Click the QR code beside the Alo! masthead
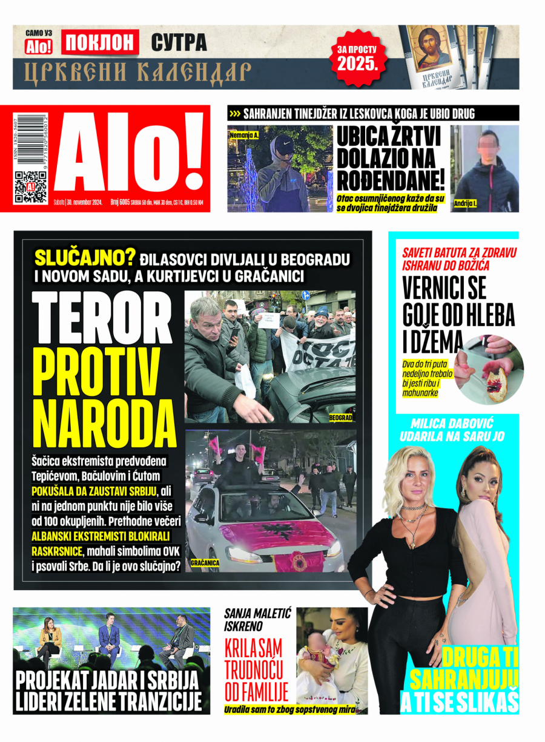30,186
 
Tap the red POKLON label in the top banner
100,42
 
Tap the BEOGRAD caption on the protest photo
340,418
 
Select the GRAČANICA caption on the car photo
205,563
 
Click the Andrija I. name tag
465,204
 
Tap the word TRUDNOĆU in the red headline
255,669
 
